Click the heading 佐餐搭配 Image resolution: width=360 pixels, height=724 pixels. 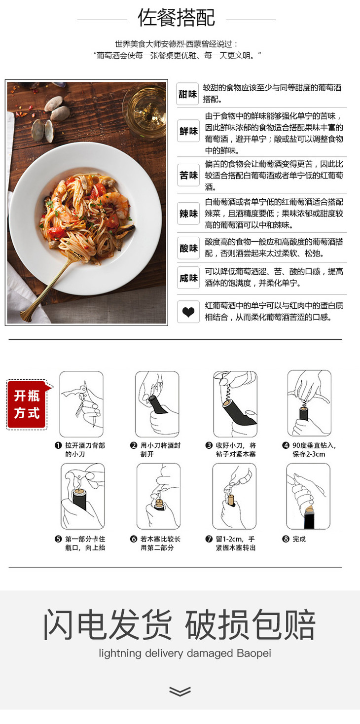point(177,18)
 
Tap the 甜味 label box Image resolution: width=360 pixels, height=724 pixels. point(187,94)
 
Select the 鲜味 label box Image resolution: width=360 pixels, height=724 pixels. point(188,131)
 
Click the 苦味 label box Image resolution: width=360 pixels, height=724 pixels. point(188,175)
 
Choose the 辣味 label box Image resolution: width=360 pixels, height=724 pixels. point(188,214)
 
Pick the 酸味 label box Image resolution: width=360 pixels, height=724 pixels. point(188,248)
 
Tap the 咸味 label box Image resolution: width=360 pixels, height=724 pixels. point(188,278)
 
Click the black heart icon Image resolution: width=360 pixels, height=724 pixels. point(188,312)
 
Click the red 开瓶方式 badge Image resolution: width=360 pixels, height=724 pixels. point(27,404)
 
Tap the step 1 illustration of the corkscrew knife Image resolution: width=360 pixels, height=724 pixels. point(81,404)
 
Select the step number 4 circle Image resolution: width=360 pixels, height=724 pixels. point(286,445)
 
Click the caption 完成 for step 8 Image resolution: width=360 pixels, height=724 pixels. point(299,539)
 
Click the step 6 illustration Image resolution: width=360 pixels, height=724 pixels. point(158,496)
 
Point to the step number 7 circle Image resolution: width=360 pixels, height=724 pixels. point(209,539)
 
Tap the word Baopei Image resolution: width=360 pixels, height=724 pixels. point(254,653)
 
